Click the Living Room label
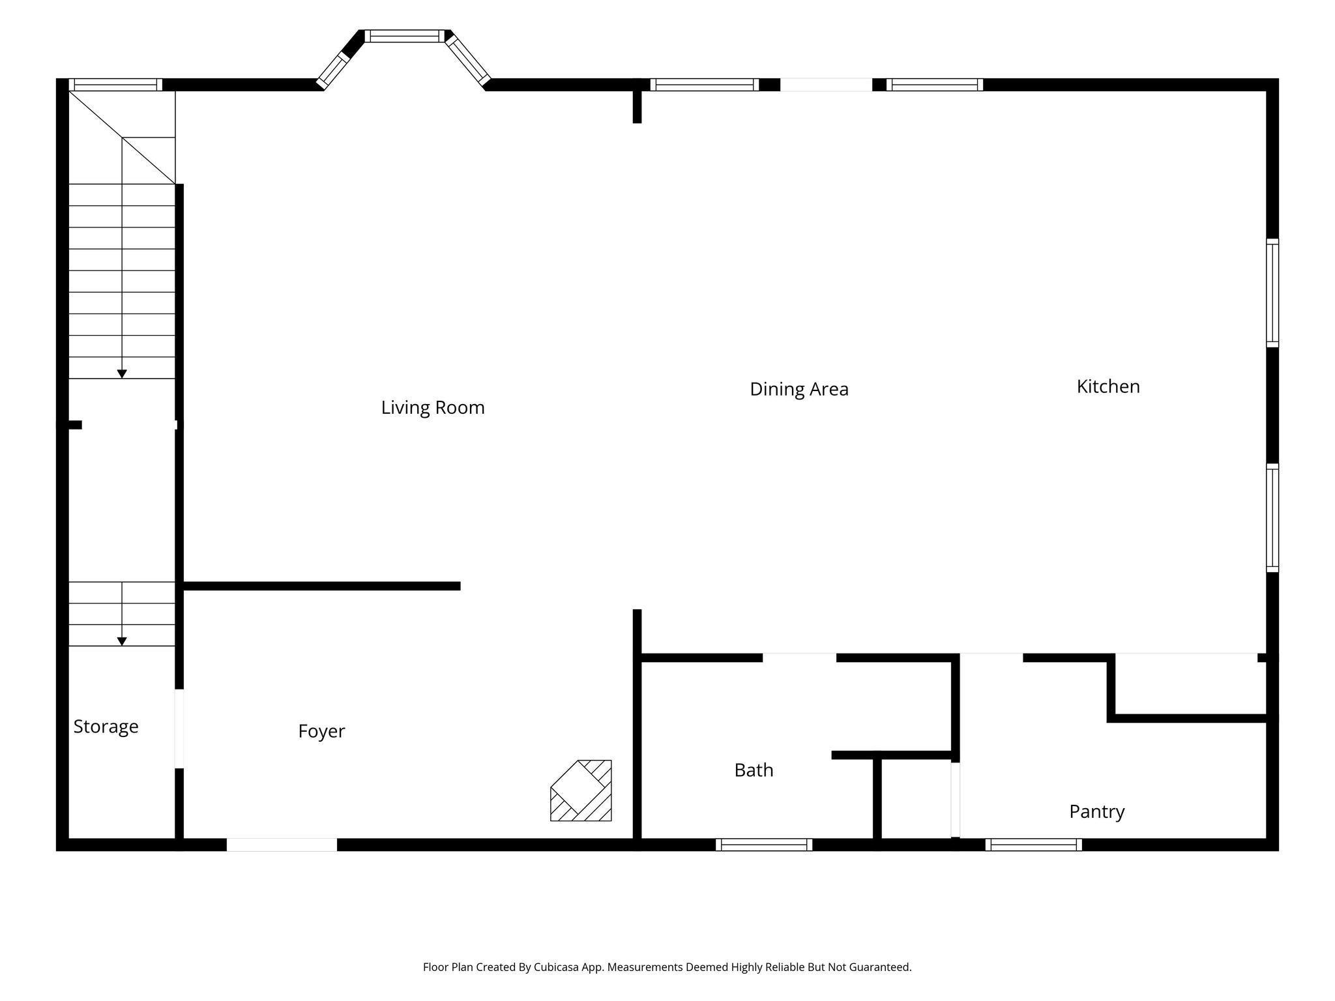[433, 407]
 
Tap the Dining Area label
[799, 389]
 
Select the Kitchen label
[1108, 386]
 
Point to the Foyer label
[321, 731]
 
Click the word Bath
[754, 770]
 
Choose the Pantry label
[1097, 811]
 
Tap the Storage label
[106, 727]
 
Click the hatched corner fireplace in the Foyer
[581, 791]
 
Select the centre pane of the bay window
[405, 36]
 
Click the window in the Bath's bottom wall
[764, 845]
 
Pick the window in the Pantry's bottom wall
[1034, 845]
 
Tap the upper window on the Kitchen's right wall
[1272, 293]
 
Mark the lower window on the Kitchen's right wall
[1272, 518]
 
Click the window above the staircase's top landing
[115, 85]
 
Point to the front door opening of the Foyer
[282, 845]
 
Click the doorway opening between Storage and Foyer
[179, 729]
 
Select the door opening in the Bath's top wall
[799, 658]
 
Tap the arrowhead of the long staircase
[122, 374]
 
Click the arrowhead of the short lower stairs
[122, 642]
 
